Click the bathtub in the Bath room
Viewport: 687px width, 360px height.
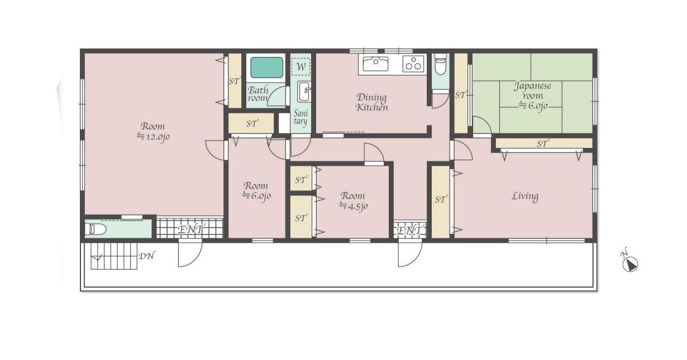[x=266, y=68]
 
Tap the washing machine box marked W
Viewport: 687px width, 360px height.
[x=300, y=66]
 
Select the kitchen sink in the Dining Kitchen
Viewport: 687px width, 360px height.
[x=375, y=64]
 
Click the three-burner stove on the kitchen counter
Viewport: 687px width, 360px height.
[x=413, y=64]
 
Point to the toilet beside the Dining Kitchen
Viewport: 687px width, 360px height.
[x=440, y=64]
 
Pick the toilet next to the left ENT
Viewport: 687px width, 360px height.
[x=96, y=229]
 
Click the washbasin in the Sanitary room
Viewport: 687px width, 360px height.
[x=304, y=92]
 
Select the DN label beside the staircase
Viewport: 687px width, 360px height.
[x=147, y=256]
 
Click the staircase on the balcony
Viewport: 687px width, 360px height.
[x=114, y=256]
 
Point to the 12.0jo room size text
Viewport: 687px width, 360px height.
[x=153, y=137]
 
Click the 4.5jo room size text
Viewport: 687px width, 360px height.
[x=354, y=206]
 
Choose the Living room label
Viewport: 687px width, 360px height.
[x=525, y=196]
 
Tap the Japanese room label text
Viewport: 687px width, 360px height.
[x=532, y=90]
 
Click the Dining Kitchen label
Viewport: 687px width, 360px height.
[x=372, y=102]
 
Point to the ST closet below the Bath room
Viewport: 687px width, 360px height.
[x=251, y=123]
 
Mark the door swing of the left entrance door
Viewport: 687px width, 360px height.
[x=190, y=254]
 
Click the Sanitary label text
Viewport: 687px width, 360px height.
[x=300, y=118]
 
